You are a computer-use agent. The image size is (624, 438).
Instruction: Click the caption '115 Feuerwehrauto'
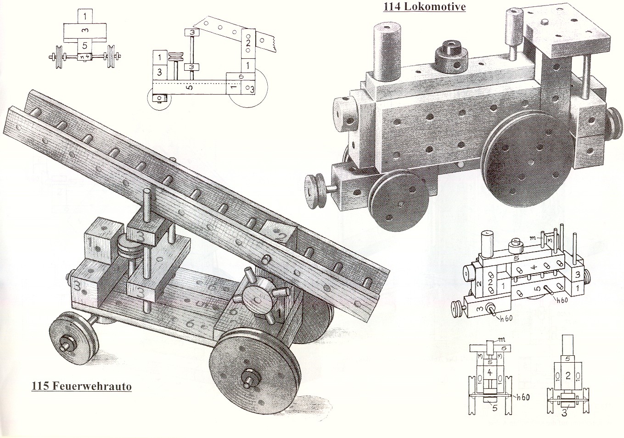81,386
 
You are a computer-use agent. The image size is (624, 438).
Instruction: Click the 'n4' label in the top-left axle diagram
84,57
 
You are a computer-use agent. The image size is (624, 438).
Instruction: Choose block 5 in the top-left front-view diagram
84,46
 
